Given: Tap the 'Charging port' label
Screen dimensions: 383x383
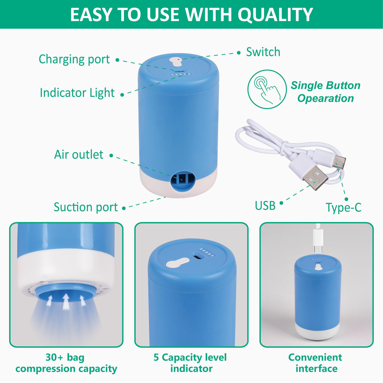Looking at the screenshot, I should point(74,59).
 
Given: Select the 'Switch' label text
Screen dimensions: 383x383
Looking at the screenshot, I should point(263,52).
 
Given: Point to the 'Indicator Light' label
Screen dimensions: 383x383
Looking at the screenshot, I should point(77,93).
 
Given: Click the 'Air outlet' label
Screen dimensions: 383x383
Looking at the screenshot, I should point(79,154).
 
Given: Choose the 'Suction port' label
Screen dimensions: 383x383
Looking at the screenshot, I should point(86,207).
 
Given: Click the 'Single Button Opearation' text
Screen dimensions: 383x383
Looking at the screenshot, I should point(325,92).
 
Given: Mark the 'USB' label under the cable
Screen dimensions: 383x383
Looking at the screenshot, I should point(265,205).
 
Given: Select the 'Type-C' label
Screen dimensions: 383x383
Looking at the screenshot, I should point(343,208).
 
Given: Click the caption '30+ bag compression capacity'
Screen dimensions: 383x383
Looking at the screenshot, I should point(66,363).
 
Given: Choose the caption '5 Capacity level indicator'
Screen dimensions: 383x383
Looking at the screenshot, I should point(190,363).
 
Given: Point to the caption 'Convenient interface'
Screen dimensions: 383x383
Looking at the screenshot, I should point(315,363).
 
